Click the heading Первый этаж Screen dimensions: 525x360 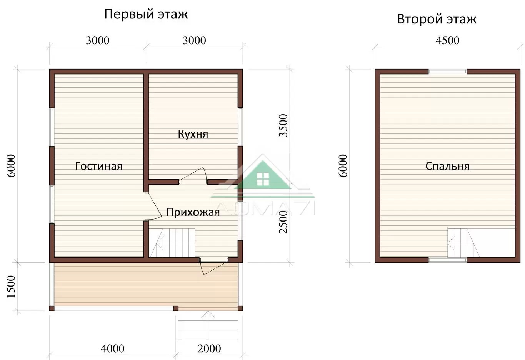(146, 15)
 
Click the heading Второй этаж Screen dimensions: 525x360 (437, 19)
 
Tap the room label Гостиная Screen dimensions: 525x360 (99, 166)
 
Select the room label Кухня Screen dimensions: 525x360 (193, 134)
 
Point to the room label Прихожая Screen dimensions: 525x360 (193, 212)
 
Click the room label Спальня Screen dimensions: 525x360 (447, 166)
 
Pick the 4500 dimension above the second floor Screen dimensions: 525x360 (447, 40)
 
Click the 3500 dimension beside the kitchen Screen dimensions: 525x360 (283, 126)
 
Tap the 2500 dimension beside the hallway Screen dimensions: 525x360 (283, 222)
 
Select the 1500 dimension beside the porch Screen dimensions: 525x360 (11, 287)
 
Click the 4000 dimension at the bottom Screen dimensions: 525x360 (112, 349)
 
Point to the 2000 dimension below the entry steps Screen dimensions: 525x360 (209, 349)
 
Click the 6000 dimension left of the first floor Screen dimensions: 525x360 (11, 166)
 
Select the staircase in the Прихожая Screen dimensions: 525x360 (172, 243)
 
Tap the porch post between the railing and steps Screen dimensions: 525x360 (176, 308)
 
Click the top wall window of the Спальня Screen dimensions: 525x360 (448, 72)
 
